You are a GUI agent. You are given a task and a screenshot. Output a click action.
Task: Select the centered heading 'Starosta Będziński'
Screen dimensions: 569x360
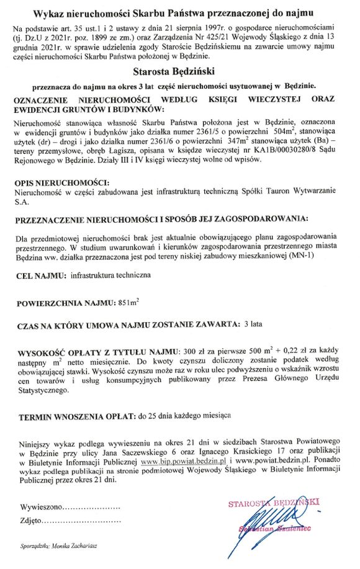tap(179, 72)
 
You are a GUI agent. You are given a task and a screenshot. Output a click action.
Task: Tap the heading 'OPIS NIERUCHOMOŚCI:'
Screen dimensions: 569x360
tap(61, 183)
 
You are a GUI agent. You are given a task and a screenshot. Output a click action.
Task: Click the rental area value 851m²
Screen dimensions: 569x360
tap(128, 302)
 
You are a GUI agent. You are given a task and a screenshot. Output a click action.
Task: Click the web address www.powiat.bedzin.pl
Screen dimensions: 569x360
tap(269, 462)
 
